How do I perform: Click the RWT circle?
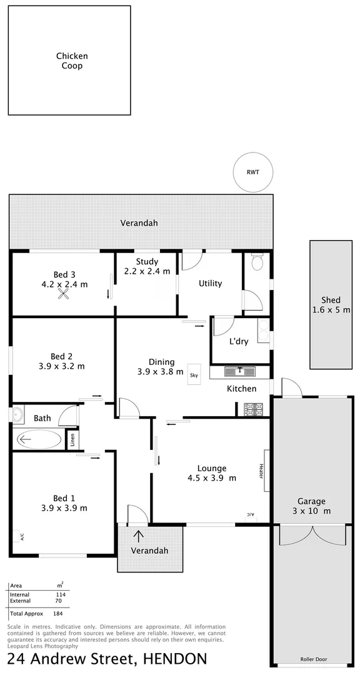[252, 172]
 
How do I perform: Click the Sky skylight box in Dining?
[194, 375]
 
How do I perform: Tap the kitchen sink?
[241, 371]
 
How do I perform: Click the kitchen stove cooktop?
[253, 409]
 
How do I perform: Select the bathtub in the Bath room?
[39, 439]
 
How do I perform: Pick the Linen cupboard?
[73, 440]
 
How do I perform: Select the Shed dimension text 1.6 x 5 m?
[331, 310]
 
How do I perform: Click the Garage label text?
[311, 501]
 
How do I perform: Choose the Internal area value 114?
[61, 594]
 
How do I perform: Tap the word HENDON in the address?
[175, 659]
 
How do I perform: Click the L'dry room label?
[239, 341]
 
